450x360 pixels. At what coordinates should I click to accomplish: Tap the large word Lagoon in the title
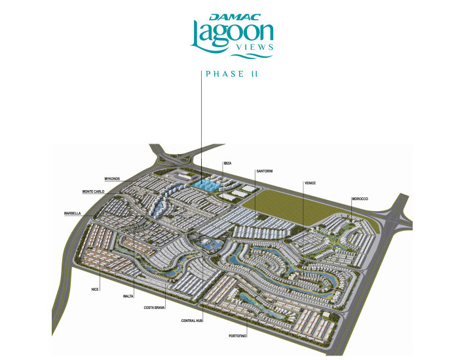231,33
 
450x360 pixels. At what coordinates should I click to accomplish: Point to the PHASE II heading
231,74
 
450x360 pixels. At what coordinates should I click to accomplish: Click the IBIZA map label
227,163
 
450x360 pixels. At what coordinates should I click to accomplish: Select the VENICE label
310,183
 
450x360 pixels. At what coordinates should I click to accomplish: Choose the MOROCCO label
360,199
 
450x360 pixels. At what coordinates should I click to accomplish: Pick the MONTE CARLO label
93,191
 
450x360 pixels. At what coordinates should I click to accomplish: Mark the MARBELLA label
72,213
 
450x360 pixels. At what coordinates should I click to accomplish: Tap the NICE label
95,288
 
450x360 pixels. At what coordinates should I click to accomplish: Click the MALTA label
127,296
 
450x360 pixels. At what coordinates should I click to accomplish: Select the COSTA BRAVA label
155,306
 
